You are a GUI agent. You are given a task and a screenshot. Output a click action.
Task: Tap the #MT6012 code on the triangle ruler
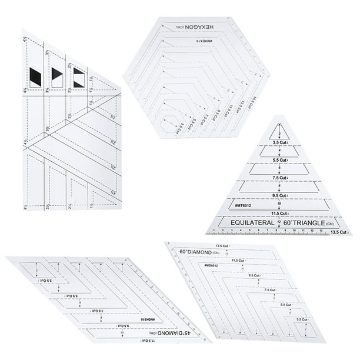click(242, 205)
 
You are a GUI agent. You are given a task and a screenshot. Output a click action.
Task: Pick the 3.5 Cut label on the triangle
click(279, 142)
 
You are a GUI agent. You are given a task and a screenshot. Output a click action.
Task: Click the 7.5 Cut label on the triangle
click(279, 177)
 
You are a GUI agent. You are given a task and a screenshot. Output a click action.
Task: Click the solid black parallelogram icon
click(35, 76)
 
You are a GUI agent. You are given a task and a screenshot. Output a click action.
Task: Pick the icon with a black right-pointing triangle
click(57, 76)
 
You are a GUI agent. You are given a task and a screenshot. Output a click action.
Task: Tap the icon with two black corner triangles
click(78, 75)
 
